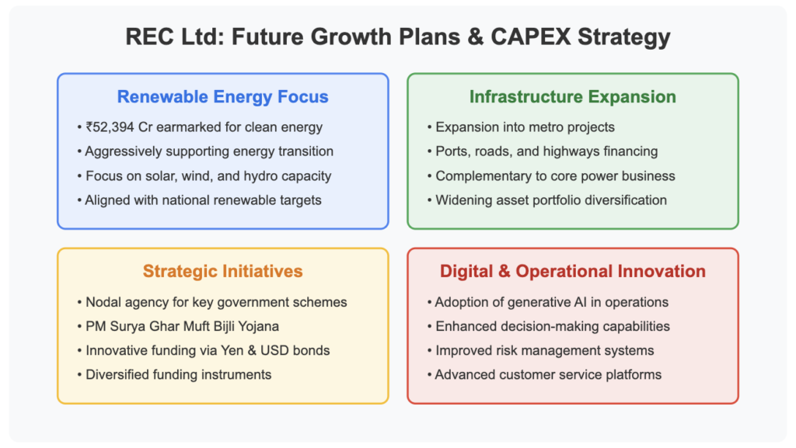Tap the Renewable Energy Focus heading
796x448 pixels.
[223, 96]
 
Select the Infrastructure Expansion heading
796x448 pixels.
[573, 96]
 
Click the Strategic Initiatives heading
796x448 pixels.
[223, 271]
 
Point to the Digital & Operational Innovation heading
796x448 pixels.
[573, 271]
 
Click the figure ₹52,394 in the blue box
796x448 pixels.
[110, 127]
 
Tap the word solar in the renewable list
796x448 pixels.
[147, 175]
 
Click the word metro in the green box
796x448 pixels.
[538, 127]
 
